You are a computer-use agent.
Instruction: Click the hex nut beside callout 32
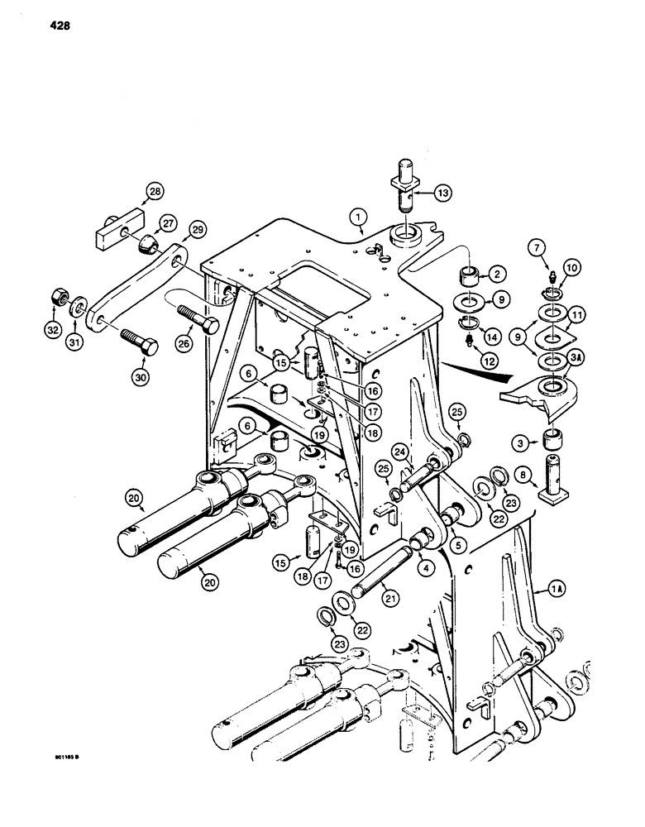tap(60, 295)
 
